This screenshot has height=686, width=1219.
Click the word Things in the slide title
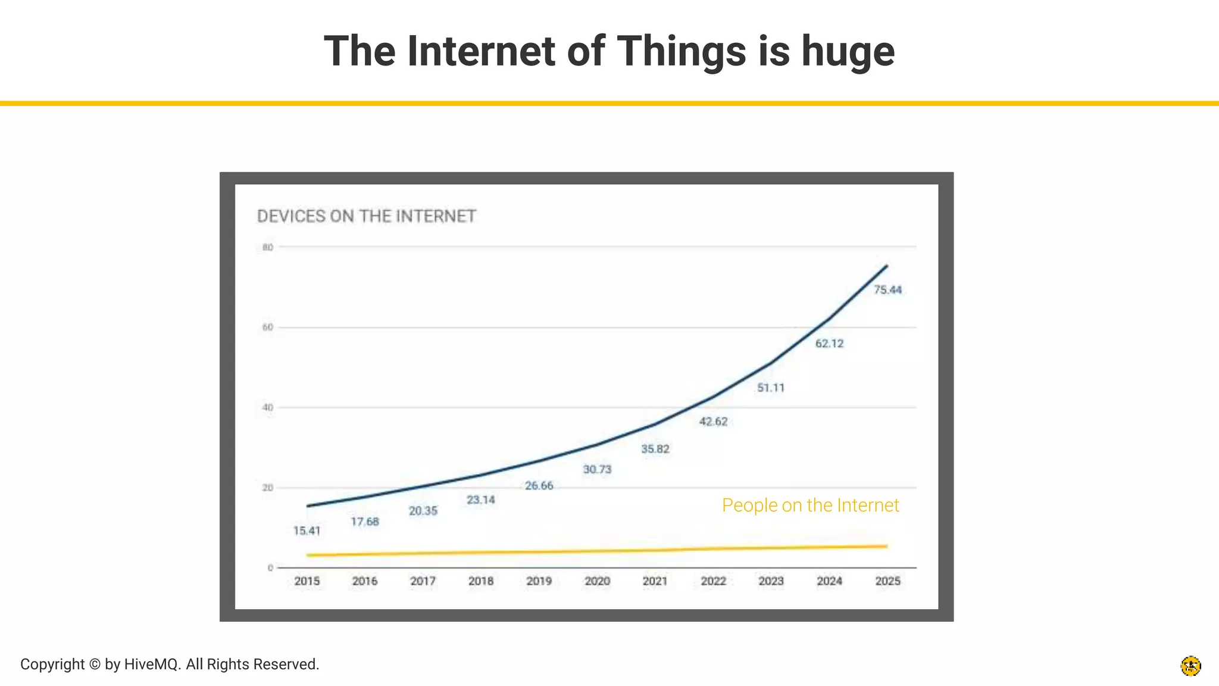tap(681, 51)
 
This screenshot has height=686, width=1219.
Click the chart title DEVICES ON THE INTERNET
tap(366, 216)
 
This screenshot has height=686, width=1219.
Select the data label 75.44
tap(887, 290)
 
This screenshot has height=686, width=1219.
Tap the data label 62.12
tap(829, 344)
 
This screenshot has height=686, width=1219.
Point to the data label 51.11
tap(771, 388)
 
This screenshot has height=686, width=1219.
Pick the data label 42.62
tap(713, 422)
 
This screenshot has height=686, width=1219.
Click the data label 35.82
tap(655, 449)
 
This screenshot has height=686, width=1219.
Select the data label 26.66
tap(539, 486)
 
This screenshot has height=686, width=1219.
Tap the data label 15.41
tap(307, 531)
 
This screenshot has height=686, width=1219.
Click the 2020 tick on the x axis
tap(597, 581)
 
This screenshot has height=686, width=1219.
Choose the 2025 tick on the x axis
tap(887, 581)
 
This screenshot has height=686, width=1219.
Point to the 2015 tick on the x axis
tap(307, 581)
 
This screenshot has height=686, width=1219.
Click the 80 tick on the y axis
tap(268, 247)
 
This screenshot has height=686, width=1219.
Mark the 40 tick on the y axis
tap(268, 408)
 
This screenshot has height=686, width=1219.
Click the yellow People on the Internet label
tap(810, 505)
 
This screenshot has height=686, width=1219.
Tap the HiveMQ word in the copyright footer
tap(152, 664)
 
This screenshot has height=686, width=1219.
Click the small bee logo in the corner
tap(1190, 666)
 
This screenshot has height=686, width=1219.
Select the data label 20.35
tap(423, 511)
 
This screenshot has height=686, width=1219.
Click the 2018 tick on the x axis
tap(480, 581)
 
